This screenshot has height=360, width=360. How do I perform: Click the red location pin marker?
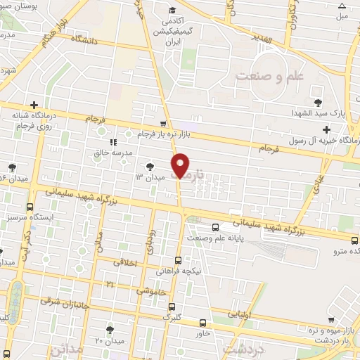pyautogui.click(x=181, y=165)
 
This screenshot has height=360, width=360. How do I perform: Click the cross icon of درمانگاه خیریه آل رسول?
pyautogui.click(x=326, y=129)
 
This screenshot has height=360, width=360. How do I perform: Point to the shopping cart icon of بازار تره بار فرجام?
pyautogui.click(x=164, y=122)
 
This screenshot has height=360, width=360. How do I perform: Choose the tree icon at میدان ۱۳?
pyautogui.click(x=150, y=166)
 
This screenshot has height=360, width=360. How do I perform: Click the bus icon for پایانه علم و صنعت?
pyautogui.click(x=215, y=226)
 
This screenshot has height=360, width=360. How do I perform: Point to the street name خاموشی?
pyautogui.click(x=152, y=290)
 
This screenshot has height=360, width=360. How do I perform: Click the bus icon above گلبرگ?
pyautogui.click(x=172, y=307)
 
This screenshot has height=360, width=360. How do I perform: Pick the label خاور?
pyautogui.click(x=204, y=333)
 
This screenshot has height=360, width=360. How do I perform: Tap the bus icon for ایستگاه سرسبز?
pyautogui.click(x=30, y=207)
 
